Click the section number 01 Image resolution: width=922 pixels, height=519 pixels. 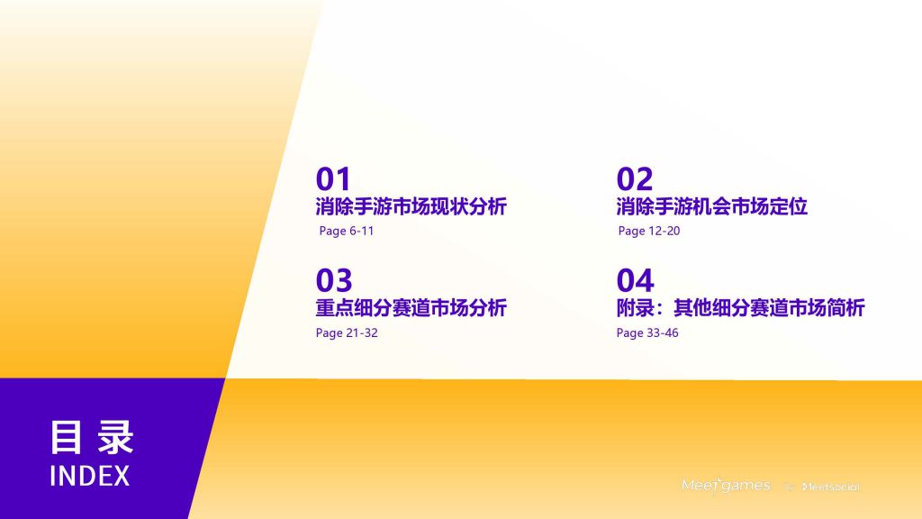click(333, 179)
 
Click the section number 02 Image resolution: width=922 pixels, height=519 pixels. click(635, 179)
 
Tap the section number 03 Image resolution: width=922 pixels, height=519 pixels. click(334, 280)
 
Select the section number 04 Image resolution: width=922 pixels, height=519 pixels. click(635, 280)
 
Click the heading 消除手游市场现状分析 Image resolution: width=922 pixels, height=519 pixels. click(411, 206)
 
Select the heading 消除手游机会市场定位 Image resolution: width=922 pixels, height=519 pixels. click(712, 206)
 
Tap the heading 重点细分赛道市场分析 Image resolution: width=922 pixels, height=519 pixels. click(411, 308)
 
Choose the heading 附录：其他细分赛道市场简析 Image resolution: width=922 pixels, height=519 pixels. click(741, 308)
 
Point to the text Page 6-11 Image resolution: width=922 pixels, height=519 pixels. click(347, 232)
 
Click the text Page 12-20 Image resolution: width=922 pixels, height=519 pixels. click(649, 232)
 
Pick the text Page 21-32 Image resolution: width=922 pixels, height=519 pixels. click(347, 333)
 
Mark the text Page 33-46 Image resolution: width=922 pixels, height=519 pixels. click(647, 333)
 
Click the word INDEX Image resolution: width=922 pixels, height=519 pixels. click(90, 476)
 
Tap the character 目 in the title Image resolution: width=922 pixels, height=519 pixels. click(65, 437)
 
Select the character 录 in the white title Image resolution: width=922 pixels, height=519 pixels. click(116, 437)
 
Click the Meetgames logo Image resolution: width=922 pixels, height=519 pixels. click(726, 486)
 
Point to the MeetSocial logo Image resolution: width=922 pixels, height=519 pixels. click(831, 487)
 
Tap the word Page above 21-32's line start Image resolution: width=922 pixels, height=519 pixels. click(328, 333)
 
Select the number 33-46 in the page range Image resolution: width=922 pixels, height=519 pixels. click(663, 333)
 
